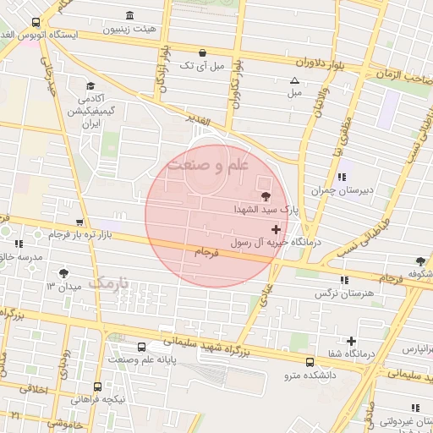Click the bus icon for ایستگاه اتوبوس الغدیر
click(x=35, y=23)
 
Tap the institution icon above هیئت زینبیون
click(x=129, y=15)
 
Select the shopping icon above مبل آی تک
click(x=201, y=51)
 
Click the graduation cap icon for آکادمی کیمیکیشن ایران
click(x=90, y=85)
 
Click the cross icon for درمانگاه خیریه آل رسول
click(x=276, y=229)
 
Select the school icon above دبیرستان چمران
click(x=342, y=177)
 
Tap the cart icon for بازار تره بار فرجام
click(x=79, y=222)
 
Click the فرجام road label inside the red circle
click(x=206, y=252)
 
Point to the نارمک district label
click(x=111, y=282)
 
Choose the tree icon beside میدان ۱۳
click(x=64, y=272)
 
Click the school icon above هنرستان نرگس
click(x=343, y=280)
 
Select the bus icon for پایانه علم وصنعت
click(x=141, y=347)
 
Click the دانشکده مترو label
click(x=309, y=374)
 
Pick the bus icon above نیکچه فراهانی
click(x=97, y=386)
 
